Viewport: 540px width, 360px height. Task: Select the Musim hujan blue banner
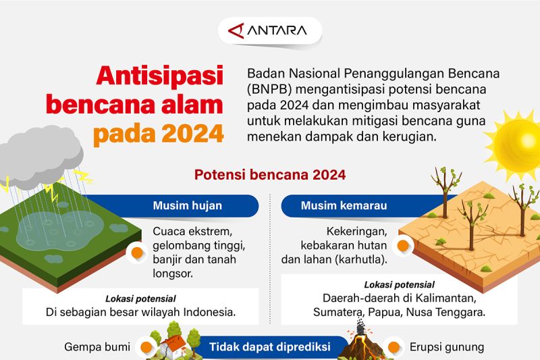click(x=187, y=205)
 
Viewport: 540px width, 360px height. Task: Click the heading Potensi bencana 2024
click(x=270, y=174)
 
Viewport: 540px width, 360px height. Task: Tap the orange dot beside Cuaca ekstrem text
click(x=137, y=253)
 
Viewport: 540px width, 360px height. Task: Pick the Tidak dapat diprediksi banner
click(x=269, y=347)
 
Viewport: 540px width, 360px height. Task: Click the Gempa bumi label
click(x=97, y=347)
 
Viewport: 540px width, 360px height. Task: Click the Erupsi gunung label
click(x=446, y=347)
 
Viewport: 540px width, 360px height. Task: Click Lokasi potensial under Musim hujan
click(x=140, y=299)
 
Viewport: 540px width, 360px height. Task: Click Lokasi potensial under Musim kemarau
click(x=399, y=284)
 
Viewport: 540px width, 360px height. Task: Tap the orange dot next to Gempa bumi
click(x=144, y=347)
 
